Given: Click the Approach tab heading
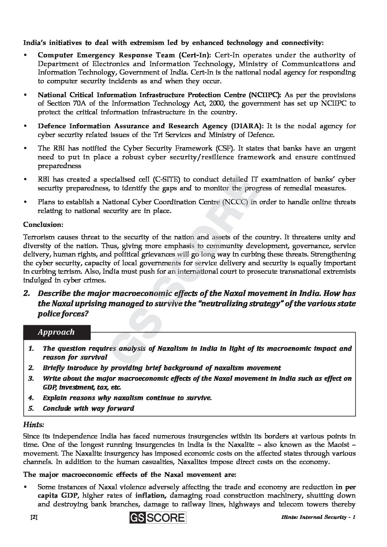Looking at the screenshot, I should coord(56,332).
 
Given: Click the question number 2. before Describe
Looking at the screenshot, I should coord(27,293).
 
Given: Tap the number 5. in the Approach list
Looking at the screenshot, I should coord(31,409).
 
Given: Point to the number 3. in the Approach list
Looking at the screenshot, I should coord(31,379).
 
